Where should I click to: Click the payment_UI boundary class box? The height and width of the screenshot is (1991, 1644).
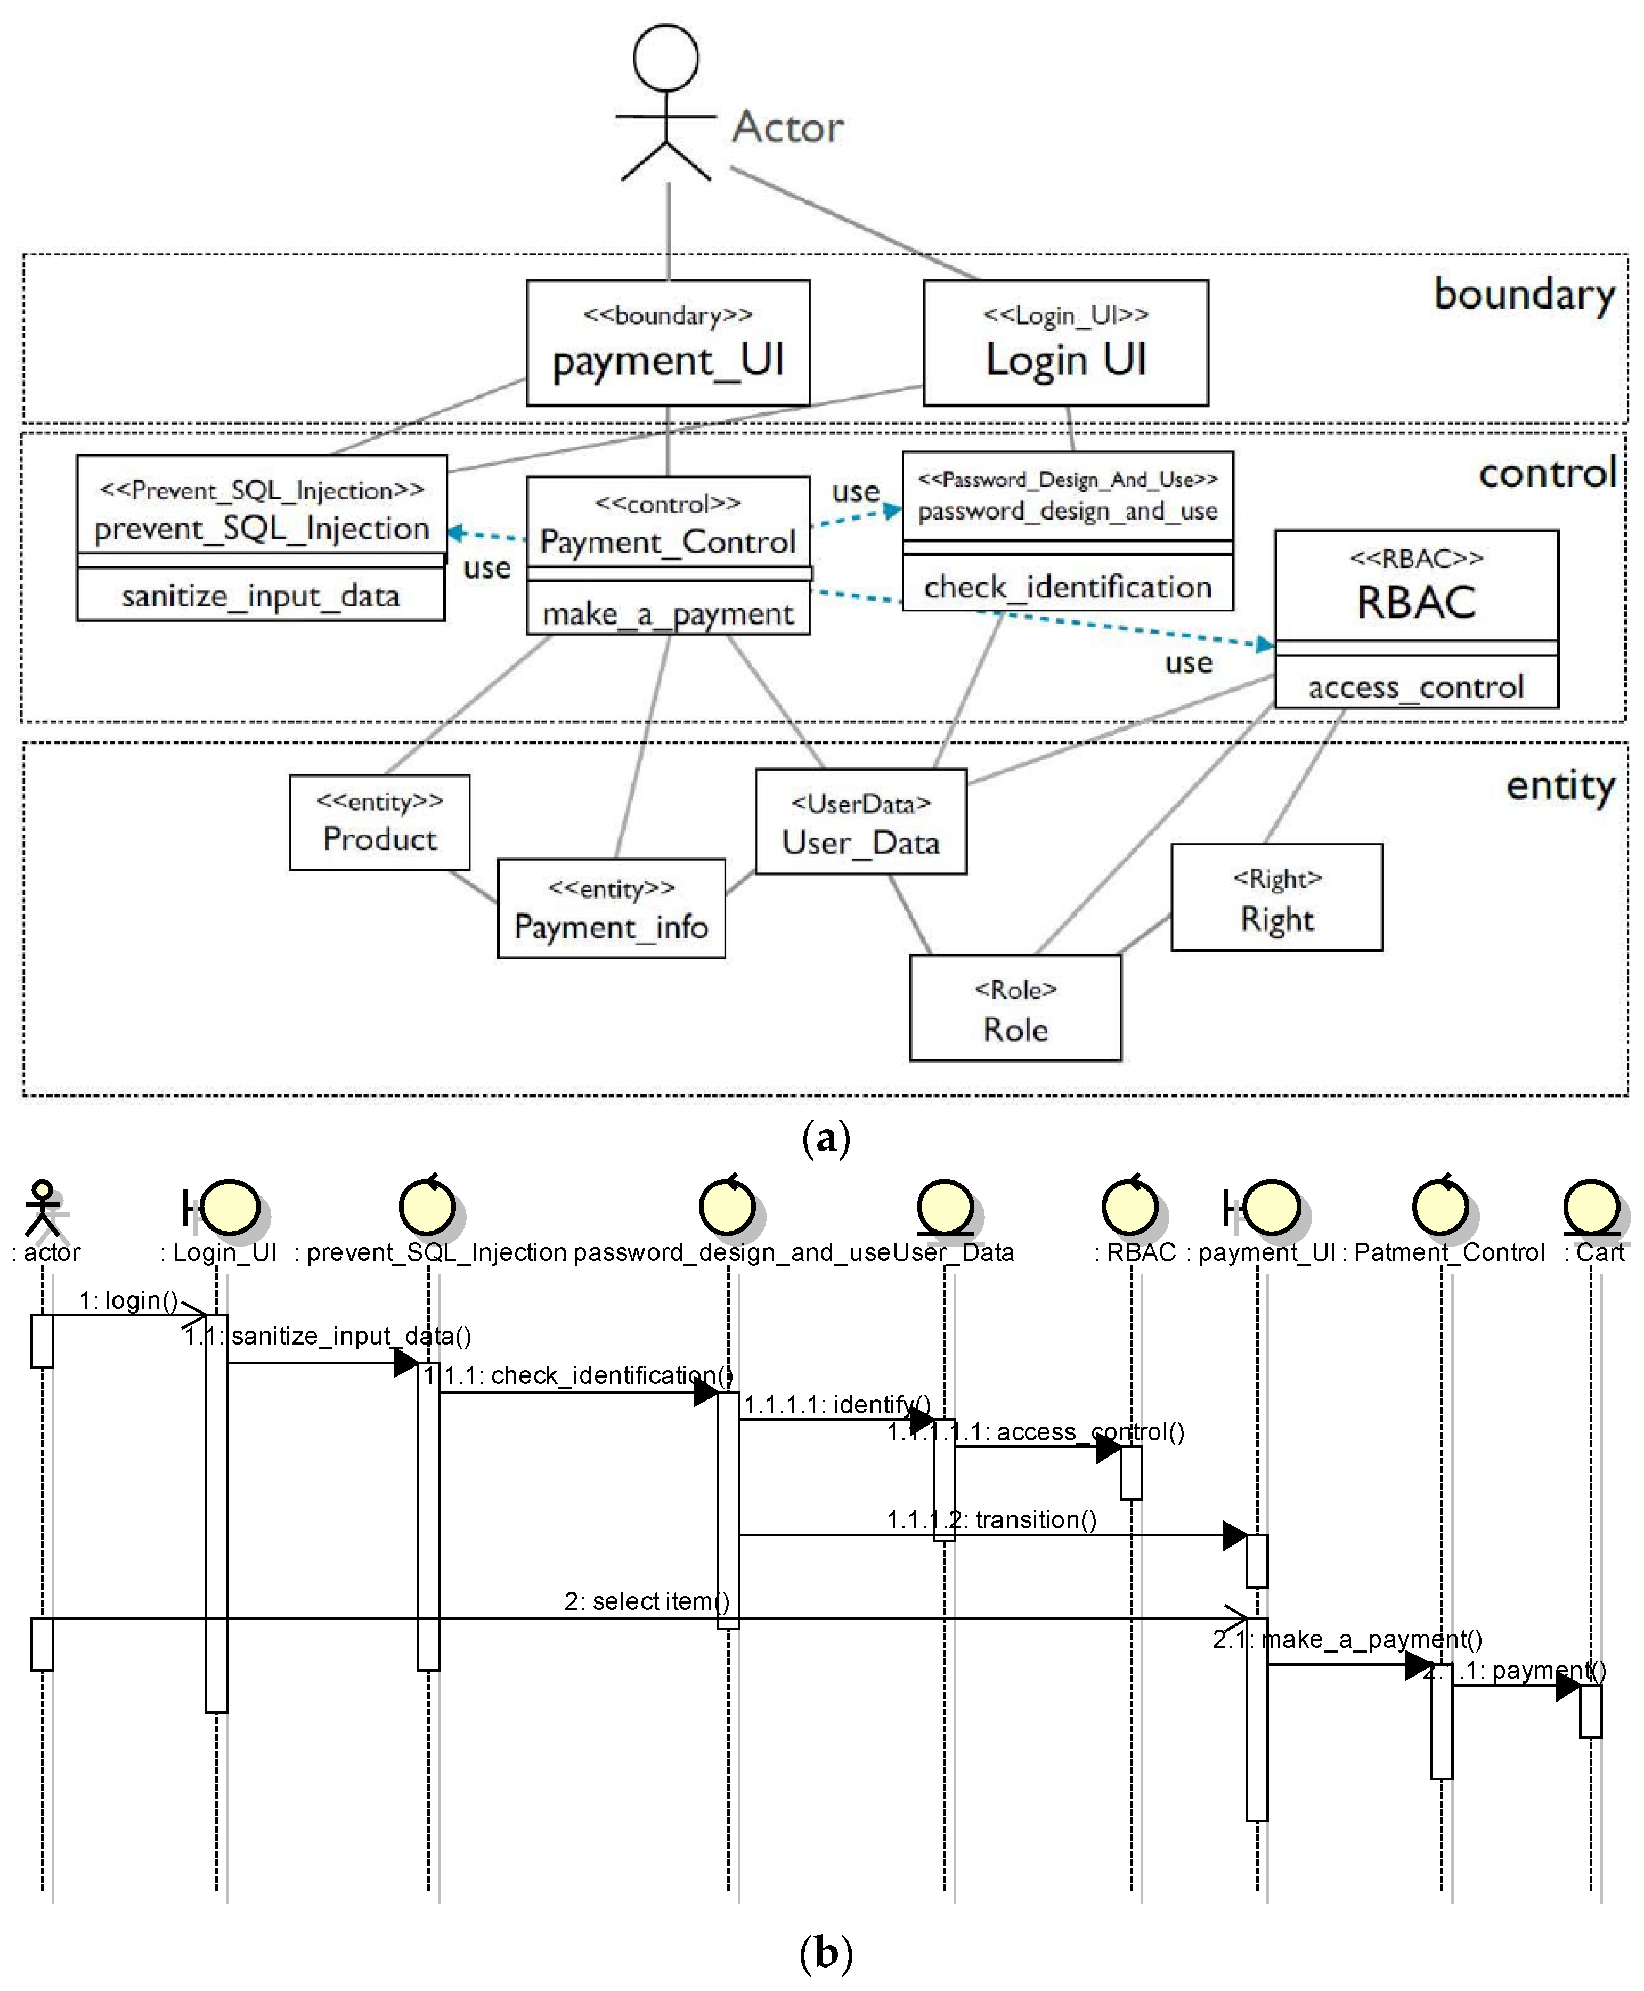click(668, 343)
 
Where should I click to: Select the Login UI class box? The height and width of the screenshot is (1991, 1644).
click(1065, 343)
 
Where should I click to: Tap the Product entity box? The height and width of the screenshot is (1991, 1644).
click(380, 822)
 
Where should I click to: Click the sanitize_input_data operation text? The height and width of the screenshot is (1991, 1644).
click(261, 596)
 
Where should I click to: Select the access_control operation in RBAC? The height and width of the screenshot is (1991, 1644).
click(1416, 687)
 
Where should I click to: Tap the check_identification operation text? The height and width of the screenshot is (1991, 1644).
click(1067, 587)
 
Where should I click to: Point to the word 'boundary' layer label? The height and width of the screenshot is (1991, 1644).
click(1524, 295)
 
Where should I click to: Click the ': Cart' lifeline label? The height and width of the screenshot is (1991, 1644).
click(1595, 1252)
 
